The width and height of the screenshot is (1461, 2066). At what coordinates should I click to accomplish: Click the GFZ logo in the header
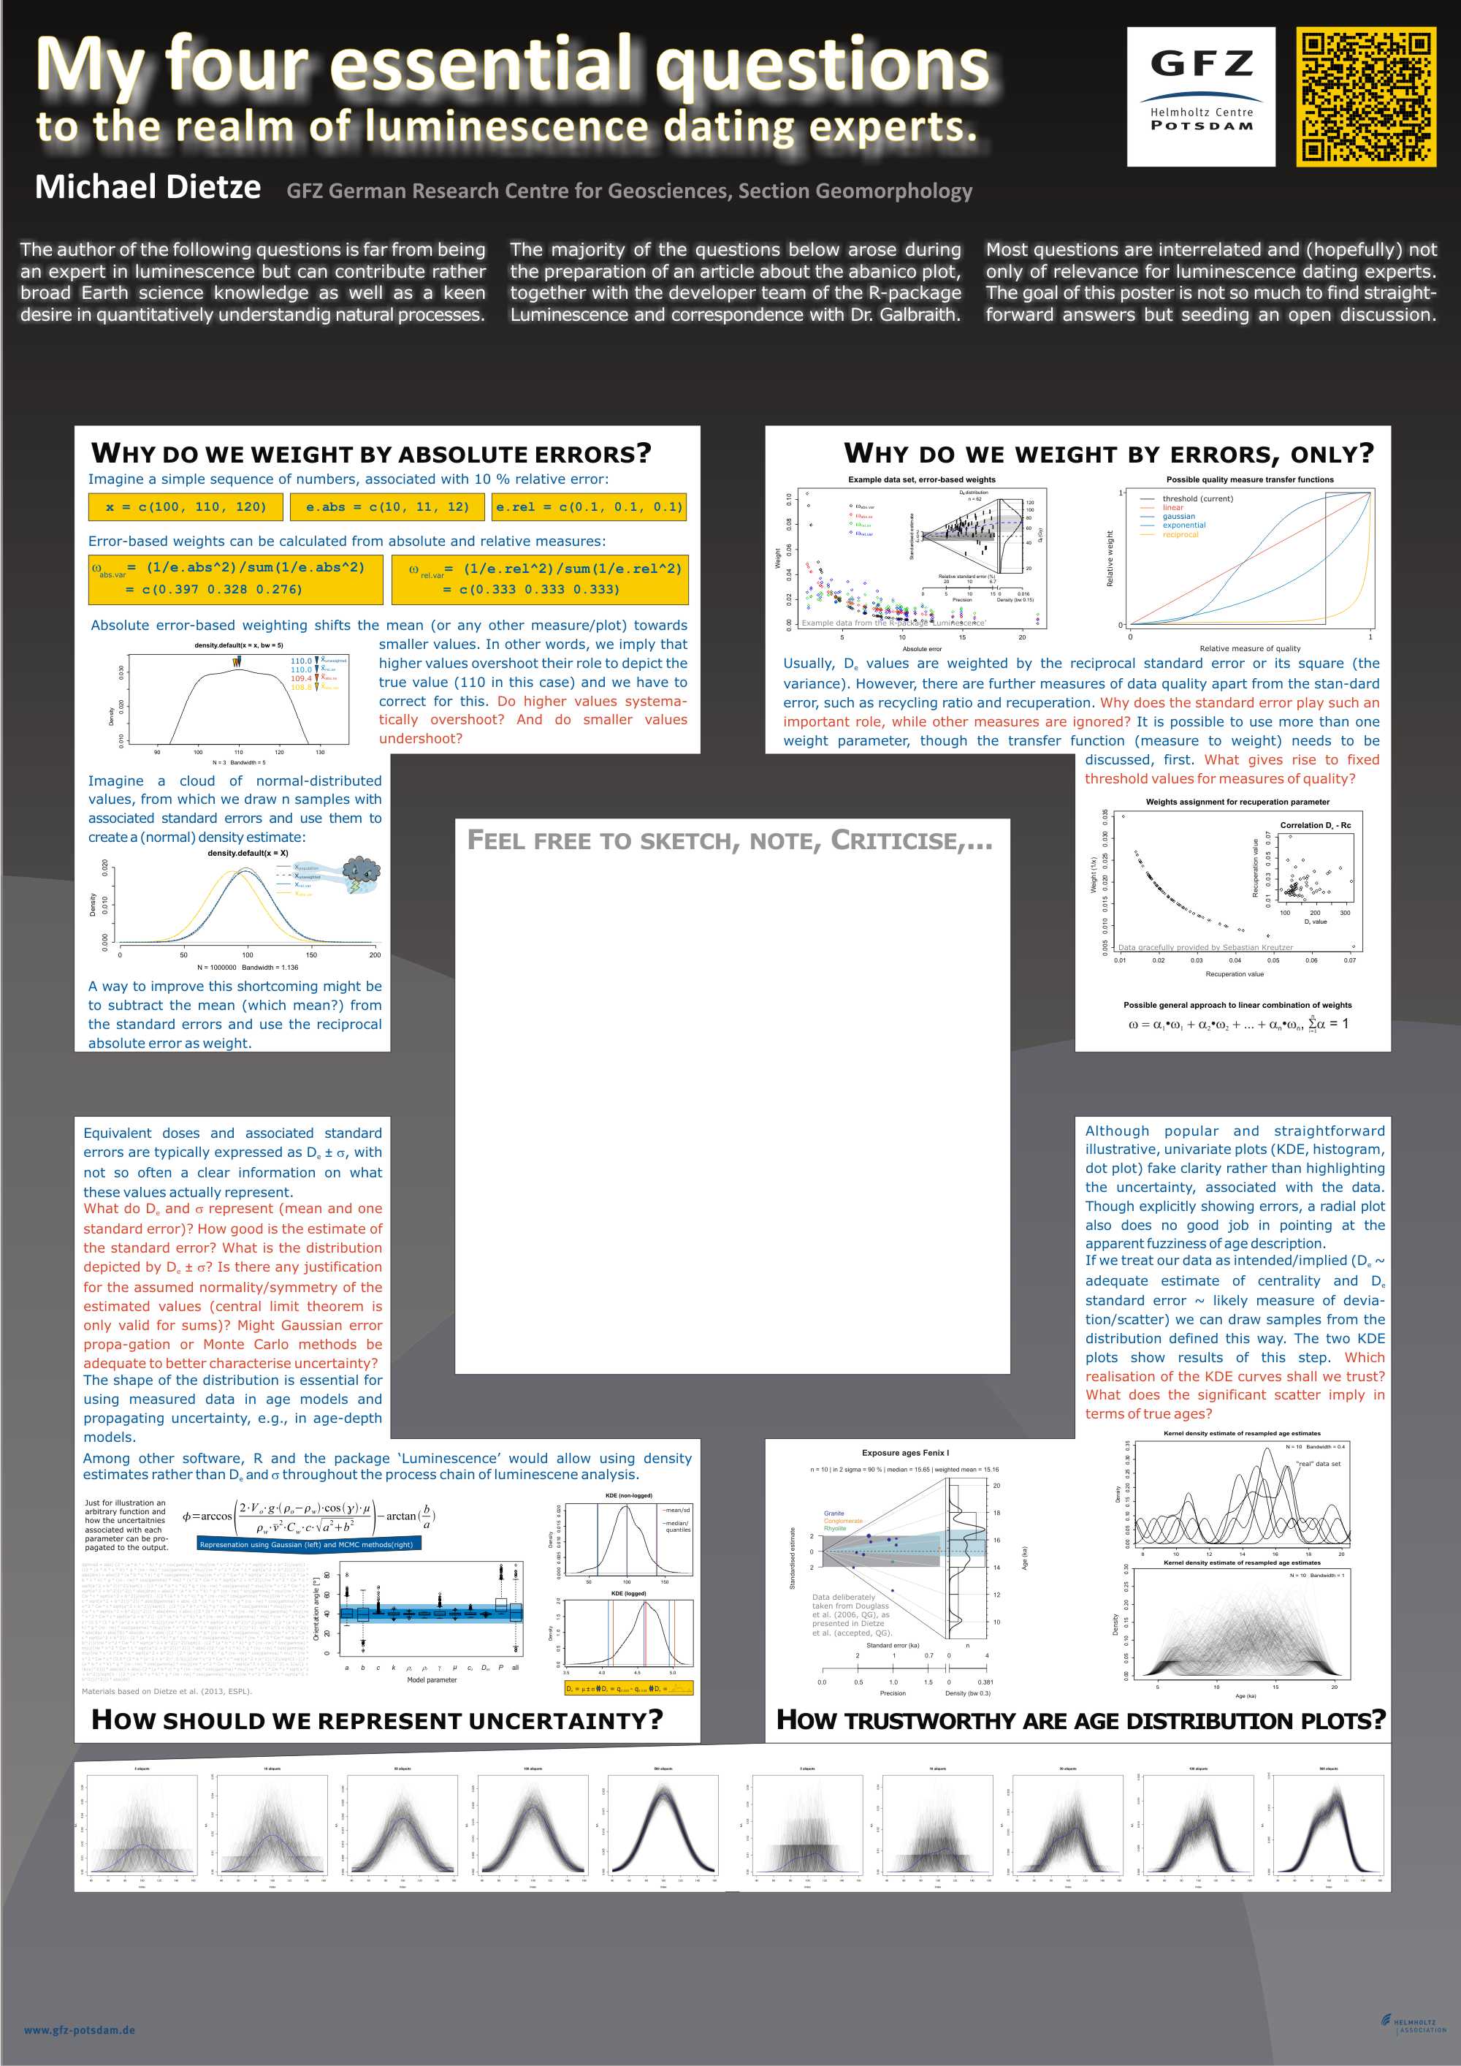(1201, 96)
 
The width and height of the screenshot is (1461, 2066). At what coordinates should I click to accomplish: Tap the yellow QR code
(1365, 96)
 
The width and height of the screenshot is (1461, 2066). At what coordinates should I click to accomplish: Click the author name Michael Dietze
(148, 187)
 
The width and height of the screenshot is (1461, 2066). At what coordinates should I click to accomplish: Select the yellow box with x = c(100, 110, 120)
(186, 506)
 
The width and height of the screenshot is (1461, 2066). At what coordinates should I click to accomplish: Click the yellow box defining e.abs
(387, 506)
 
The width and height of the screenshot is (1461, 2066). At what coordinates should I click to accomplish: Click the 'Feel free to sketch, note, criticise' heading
(729, 840)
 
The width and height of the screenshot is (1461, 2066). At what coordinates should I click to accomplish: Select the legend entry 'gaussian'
(1178, 517)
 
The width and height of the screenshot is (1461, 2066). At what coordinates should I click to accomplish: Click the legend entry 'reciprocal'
(1180, 534)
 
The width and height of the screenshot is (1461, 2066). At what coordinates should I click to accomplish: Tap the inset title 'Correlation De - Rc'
(1314, 825)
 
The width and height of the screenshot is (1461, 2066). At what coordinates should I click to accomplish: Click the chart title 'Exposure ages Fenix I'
(905, 1452)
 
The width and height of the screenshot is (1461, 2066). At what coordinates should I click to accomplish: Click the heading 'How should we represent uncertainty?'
(377, 1720)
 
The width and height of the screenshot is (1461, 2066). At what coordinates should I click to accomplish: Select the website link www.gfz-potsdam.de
(79, 2029)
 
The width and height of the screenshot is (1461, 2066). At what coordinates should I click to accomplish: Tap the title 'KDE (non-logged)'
(629, 1495)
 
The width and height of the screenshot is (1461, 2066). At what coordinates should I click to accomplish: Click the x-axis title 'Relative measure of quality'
(1250, 648)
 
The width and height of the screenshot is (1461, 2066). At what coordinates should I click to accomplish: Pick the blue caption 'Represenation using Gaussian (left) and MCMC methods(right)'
(307, 1544)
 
